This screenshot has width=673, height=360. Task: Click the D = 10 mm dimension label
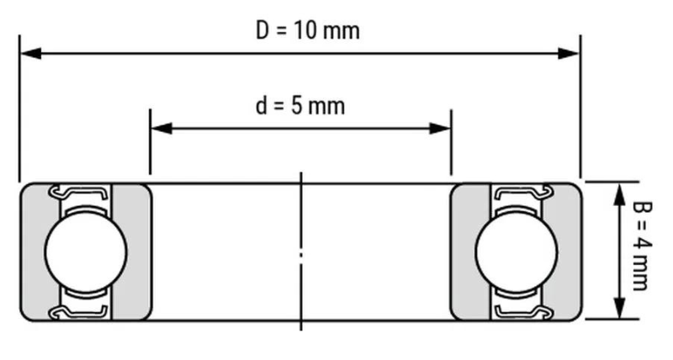click(x=308, y=31)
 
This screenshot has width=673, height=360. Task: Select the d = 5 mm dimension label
click(x=300, y=105)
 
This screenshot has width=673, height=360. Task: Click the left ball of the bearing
click(x=86, y=251)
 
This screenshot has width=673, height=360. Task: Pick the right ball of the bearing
click(x=517, y=251)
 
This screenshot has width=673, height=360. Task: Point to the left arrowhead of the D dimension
click(x=31, y=54)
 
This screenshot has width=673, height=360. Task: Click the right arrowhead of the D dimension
click(x=569, y=54)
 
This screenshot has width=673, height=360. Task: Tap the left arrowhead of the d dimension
click(x=162, y=129)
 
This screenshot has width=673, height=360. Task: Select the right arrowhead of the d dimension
click(x=439, y=129)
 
